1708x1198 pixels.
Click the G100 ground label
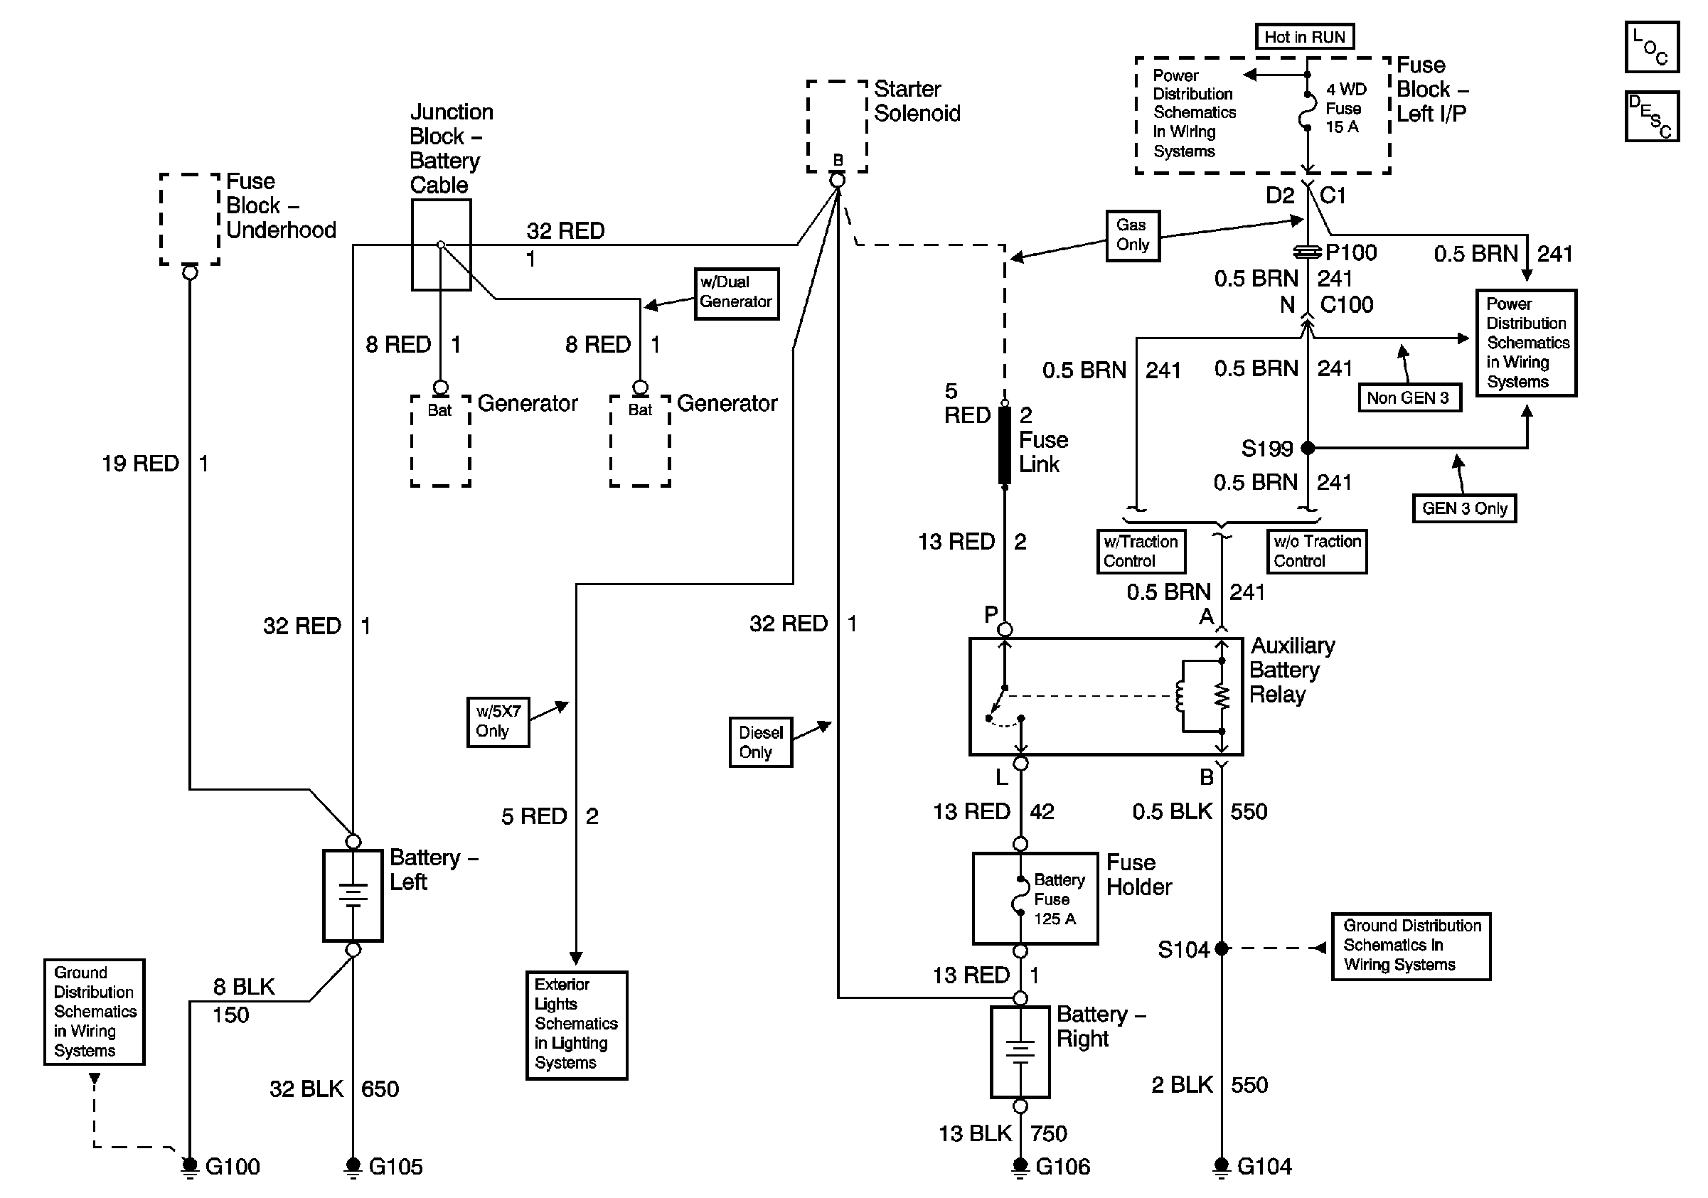pos(232,1166)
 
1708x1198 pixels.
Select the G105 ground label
pos(395,1166)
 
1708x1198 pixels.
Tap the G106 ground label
pos(1062,1166)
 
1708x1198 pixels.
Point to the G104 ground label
pos(1264,1166)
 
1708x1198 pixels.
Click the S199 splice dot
pos(1308,448)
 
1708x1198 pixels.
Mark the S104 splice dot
pos(1221,948)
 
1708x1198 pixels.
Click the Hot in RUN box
pos(1305,36)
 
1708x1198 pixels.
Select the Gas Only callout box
pos(1132,235)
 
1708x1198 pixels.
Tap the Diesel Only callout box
pos(760,742)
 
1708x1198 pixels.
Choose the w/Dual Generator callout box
pos(736,293)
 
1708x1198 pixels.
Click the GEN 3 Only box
pos(1463,508)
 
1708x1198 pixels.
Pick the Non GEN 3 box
pos(1408,398)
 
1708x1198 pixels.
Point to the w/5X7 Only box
pos(498,722)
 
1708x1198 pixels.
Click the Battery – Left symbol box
pos(353,895)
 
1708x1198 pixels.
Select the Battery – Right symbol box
pos(1020,1052)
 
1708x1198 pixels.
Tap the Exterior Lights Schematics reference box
pos(576,1024)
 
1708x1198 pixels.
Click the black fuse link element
pos(1004,444)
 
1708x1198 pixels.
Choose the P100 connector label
pos(1351,253)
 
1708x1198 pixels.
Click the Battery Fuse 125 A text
pos(1058,899)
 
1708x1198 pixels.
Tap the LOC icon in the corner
pos(1651,47)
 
